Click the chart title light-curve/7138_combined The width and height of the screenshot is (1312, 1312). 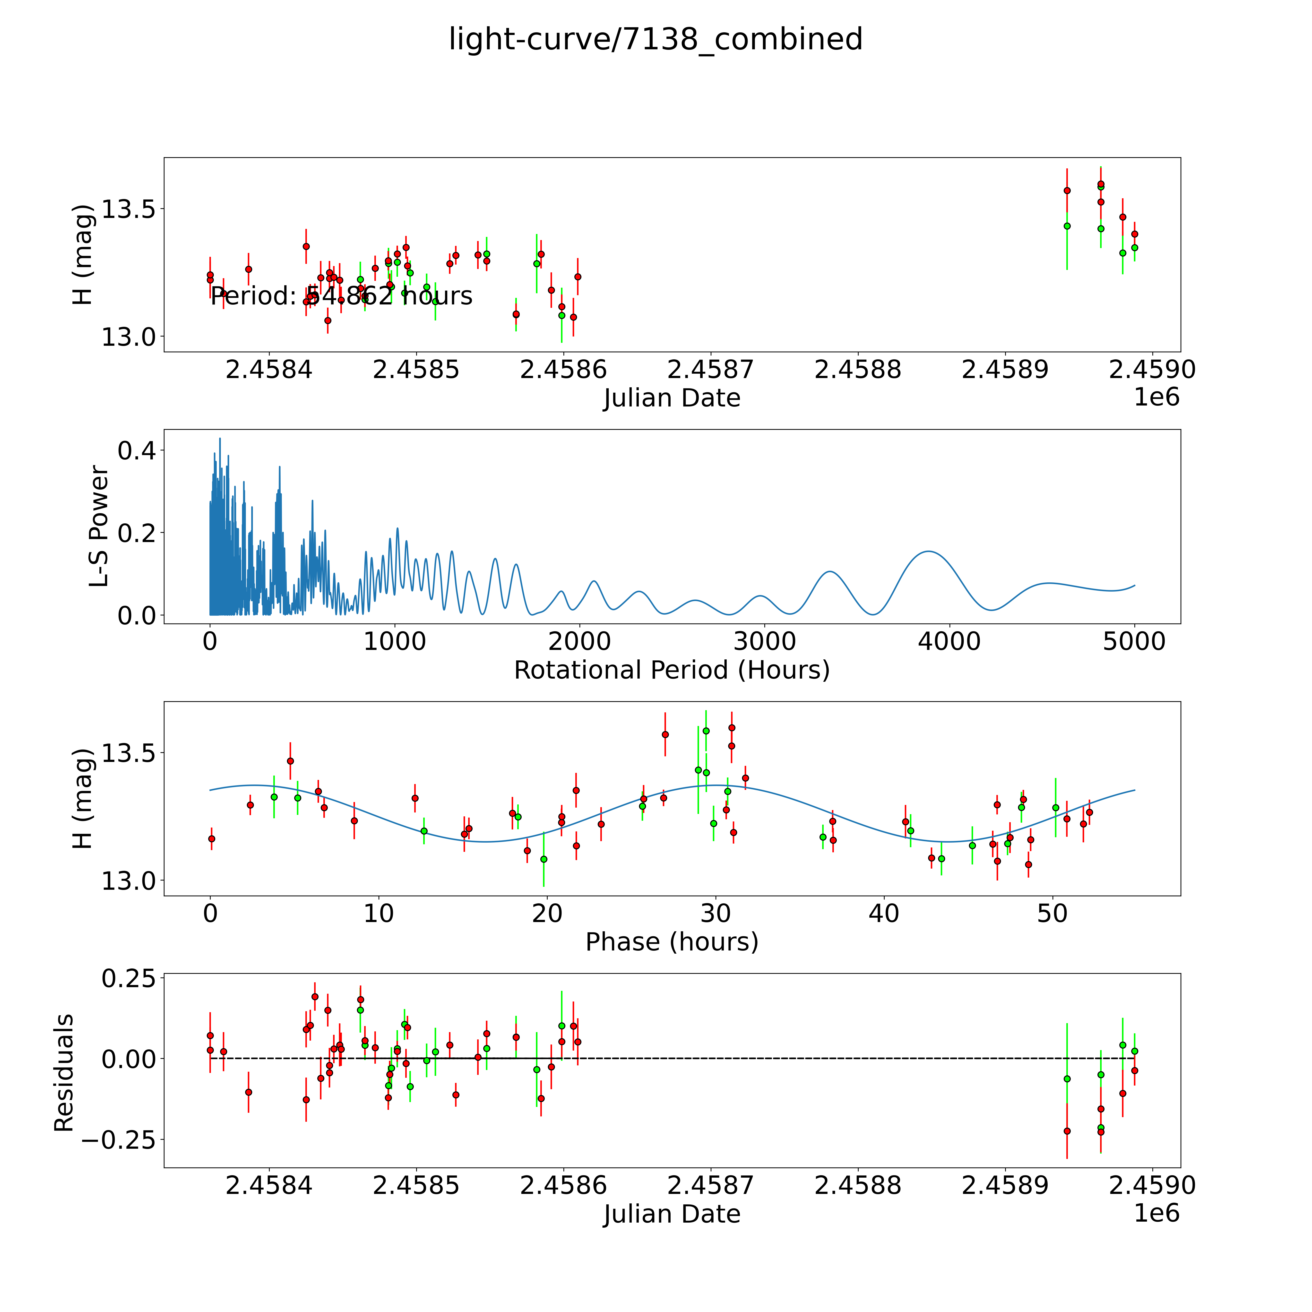click(x=655, y=39)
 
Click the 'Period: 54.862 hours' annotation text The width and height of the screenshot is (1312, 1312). click(x=341, y=296)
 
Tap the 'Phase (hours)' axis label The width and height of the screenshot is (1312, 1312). click(x=672, y=942)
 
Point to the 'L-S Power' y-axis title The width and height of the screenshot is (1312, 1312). click(x=99, y=526)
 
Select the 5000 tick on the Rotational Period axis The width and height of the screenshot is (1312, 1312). click(x=1134, y=641)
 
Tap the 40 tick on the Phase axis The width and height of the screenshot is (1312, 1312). click(x=884, y=913)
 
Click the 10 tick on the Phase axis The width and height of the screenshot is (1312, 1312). click(x=379, y=913)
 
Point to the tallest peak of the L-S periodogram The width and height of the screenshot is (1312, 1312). click(x=219, y=439)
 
